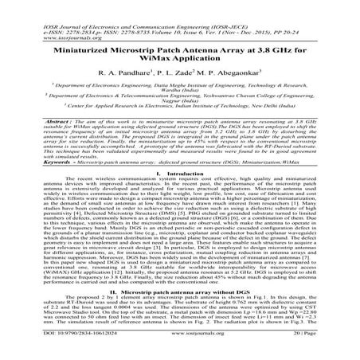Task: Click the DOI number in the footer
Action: [x=58, y=348]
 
